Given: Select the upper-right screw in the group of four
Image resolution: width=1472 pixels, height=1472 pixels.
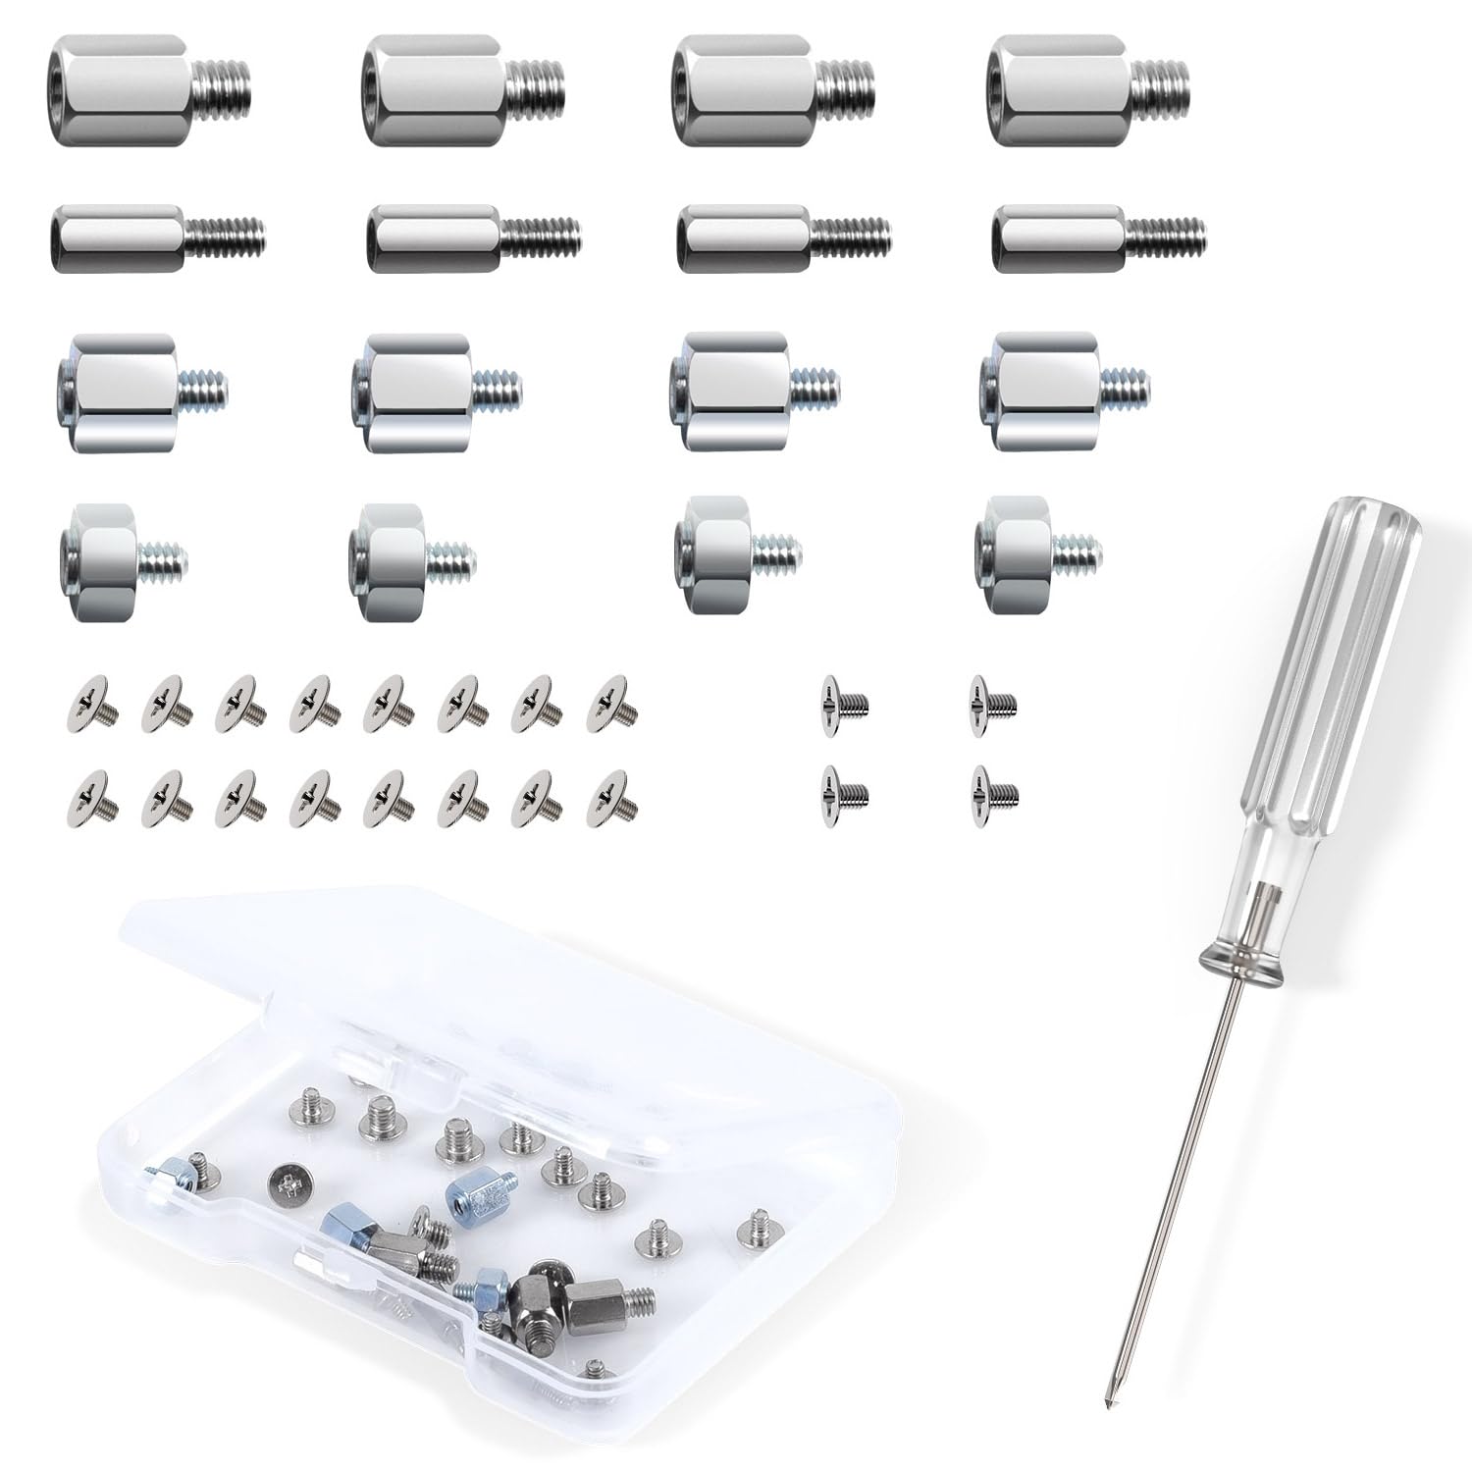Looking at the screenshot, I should pos(991,702).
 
